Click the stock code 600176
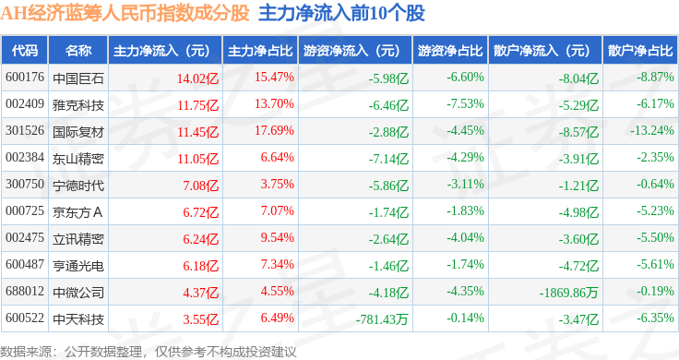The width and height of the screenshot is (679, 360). [x=25, y=78]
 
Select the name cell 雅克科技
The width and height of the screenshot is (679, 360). [x=78, y=105]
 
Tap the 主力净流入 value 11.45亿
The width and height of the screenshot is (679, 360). [x=198, y=132]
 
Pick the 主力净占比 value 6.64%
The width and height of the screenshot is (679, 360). [x=277, y=157]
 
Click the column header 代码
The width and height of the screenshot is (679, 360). [x=25, y=51]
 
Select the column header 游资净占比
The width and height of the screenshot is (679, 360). [x=450, y=51]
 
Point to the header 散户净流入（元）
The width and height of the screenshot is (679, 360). [x=545, y=51]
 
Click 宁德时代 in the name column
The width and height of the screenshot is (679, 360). [x=78, y=186]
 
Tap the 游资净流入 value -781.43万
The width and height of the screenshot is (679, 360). [x=382, y=319]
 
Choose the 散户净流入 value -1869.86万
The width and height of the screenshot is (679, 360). [x=568, y=293]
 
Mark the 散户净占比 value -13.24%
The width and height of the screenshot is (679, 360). [x=652, y=130]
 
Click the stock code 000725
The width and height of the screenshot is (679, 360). [x=25, y=211]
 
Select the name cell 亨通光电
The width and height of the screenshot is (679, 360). [x=78, y=266]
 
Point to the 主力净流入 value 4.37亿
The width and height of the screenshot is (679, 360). [x=201, y=293]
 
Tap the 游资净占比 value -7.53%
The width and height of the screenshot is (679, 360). [x=466, y=104]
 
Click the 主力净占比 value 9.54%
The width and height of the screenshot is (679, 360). [x=277, y=238]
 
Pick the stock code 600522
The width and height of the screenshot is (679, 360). [x=25, y=318]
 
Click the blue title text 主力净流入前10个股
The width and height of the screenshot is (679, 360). [x=341, y=14]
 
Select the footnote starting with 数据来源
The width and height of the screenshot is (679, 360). [x=149, y=352]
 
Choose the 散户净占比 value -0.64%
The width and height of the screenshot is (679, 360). [x=655, y=184]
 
